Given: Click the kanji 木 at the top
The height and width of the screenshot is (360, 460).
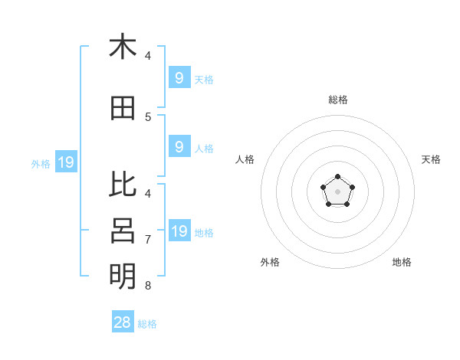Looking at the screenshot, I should coord(123,47).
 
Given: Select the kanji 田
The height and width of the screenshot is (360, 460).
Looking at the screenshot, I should coord(123,109).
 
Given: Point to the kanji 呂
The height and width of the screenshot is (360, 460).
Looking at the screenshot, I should coord(123,230).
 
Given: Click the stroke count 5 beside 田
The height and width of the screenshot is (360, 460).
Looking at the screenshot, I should coord(148,117).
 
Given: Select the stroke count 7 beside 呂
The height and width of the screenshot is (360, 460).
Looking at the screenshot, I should coord(148,240).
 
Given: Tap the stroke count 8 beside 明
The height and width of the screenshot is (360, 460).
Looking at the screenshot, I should coord(148,286).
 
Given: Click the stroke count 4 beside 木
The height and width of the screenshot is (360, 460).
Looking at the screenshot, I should coord(148,56).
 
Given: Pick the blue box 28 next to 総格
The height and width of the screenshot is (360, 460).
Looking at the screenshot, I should coord(123,322).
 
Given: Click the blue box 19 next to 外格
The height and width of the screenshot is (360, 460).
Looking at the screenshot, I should coord(65,162).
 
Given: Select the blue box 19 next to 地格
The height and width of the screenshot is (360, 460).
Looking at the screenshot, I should coord(179,231).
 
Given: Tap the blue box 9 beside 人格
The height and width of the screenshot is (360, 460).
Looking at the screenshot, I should coord(179,147).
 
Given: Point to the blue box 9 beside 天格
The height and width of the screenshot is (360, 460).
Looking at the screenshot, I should coord(179,78).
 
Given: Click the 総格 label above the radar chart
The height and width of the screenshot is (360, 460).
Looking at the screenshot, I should coord(338,100).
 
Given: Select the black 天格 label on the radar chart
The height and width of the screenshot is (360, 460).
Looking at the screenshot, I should coord(432,159).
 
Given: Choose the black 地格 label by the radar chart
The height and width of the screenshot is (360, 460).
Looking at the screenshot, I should coord(402,262).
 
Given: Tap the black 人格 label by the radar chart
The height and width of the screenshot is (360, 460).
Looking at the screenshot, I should coord(245,159).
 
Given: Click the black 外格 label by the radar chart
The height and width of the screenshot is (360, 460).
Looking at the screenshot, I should coord(270,262).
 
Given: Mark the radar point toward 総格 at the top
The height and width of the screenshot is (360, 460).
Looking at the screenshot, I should coord(337,177).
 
